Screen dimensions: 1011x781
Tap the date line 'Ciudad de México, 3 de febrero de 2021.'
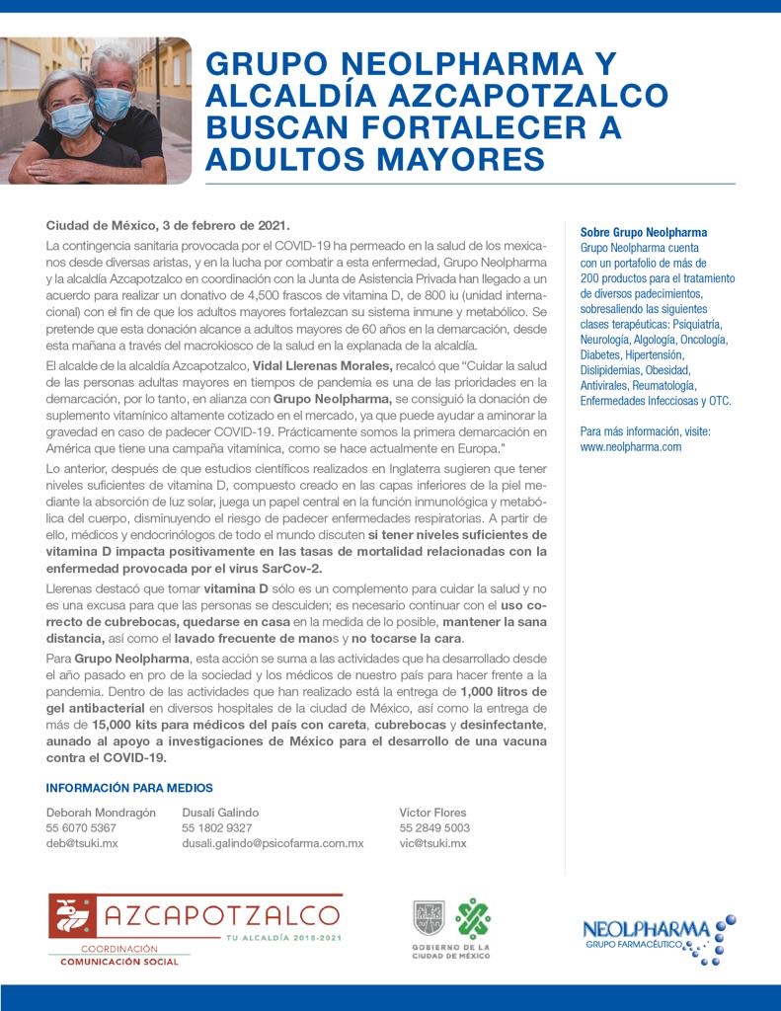tap(168, 225)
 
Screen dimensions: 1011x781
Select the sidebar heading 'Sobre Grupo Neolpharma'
tap(644, 233)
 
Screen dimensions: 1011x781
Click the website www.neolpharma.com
tap(631, 446)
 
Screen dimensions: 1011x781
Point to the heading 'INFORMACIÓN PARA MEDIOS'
tap(129, 787)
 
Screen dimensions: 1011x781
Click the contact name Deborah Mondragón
tap(101, 813)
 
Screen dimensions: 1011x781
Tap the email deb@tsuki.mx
tap(82, 843)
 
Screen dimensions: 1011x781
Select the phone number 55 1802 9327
tap(217, 828)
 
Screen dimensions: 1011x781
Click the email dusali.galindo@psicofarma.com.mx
tap(273, 843)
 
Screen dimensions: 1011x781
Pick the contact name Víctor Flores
tap(432, 813)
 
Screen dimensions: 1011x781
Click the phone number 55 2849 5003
tap(434, 828)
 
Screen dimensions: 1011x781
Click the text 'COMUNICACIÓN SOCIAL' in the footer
tap(119, 961)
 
